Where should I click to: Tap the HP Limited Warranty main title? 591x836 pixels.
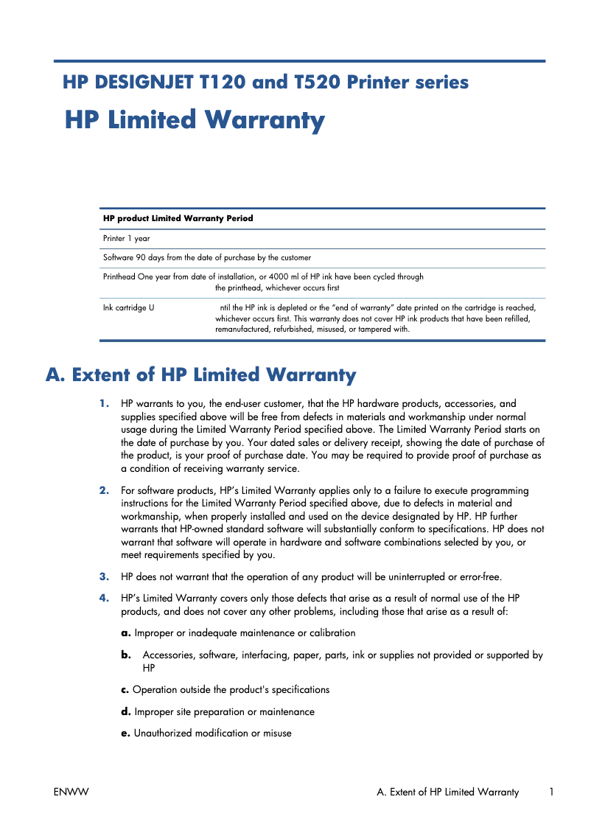coord(195,120)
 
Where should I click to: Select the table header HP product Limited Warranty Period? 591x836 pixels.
coord(178,218)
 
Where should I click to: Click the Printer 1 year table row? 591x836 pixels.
coord(127,239)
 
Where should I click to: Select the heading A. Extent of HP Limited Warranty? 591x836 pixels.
coord(200,375)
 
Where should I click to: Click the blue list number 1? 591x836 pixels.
coord(104,404)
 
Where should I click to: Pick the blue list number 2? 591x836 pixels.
coord(104,490)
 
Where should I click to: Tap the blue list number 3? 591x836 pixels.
coord(104,577)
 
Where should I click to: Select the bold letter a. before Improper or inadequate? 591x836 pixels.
coord(126,633)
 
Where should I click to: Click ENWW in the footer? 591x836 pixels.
coord(71,793)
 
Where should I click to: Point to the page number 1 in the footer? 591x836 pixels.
coord(551,793)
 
